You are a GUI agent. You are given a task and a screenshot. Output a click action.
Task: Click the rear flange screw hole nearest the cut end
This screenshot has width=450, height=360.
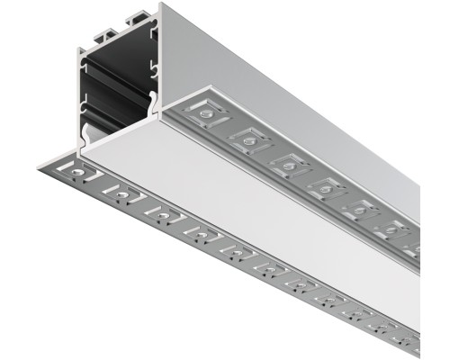pos(207,115)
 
